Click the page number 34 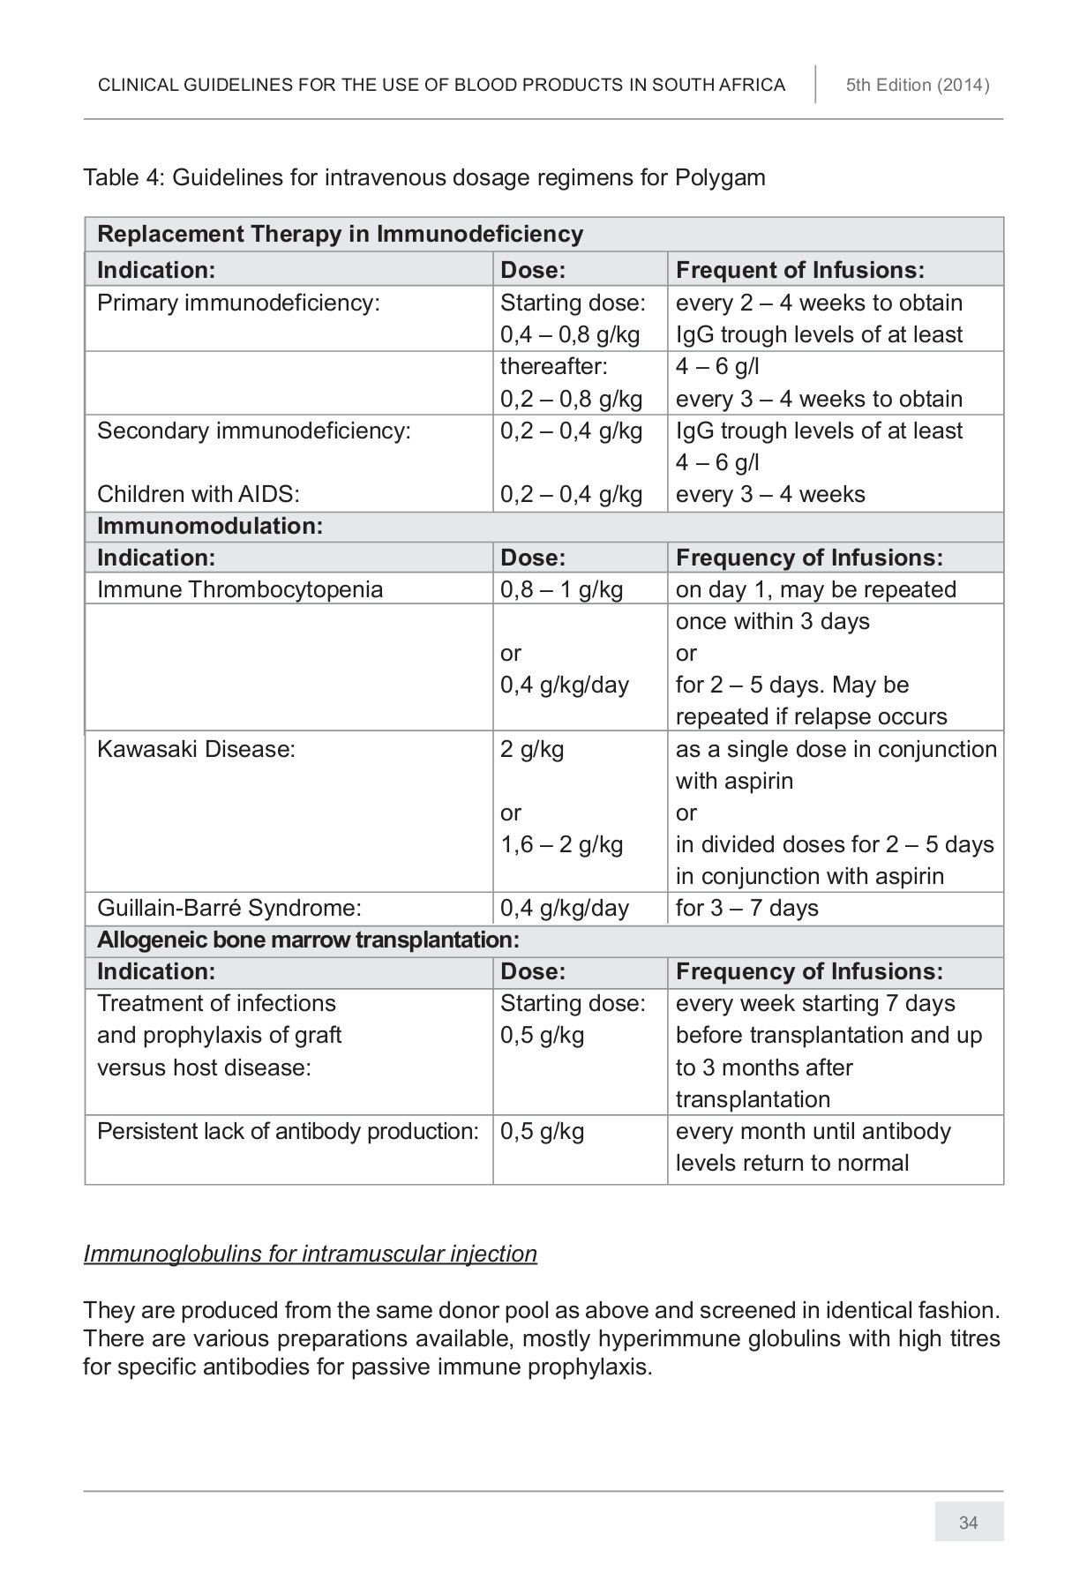point(968,1523)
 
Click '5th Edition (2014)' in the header point(918,86)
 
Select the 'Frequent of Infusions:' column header point(799,270)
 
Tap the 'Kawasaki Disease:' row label point(196,749)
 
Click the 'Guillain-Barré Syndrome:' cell point(229,908)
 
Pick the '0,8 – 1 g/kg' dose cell point(561,589)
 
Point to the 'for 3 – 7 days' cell point(746,908)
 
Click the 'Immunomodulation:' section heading point(210,526)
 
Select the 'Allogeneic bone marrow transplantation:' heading point(308,940)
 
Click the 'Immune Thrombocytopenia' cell point(240,589)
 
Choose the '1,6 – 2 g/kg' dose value point(561,844)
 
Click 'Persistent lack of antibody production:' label point(288,1131)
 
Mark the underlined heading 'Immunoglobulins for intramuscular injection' point(310,1254)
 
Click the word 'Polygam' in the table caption point(720,177)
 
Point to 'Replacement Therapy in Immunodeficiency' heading point(340,234)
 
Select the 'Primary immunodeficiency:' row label point(238,303)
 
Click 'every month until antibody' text point(813,1131)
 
